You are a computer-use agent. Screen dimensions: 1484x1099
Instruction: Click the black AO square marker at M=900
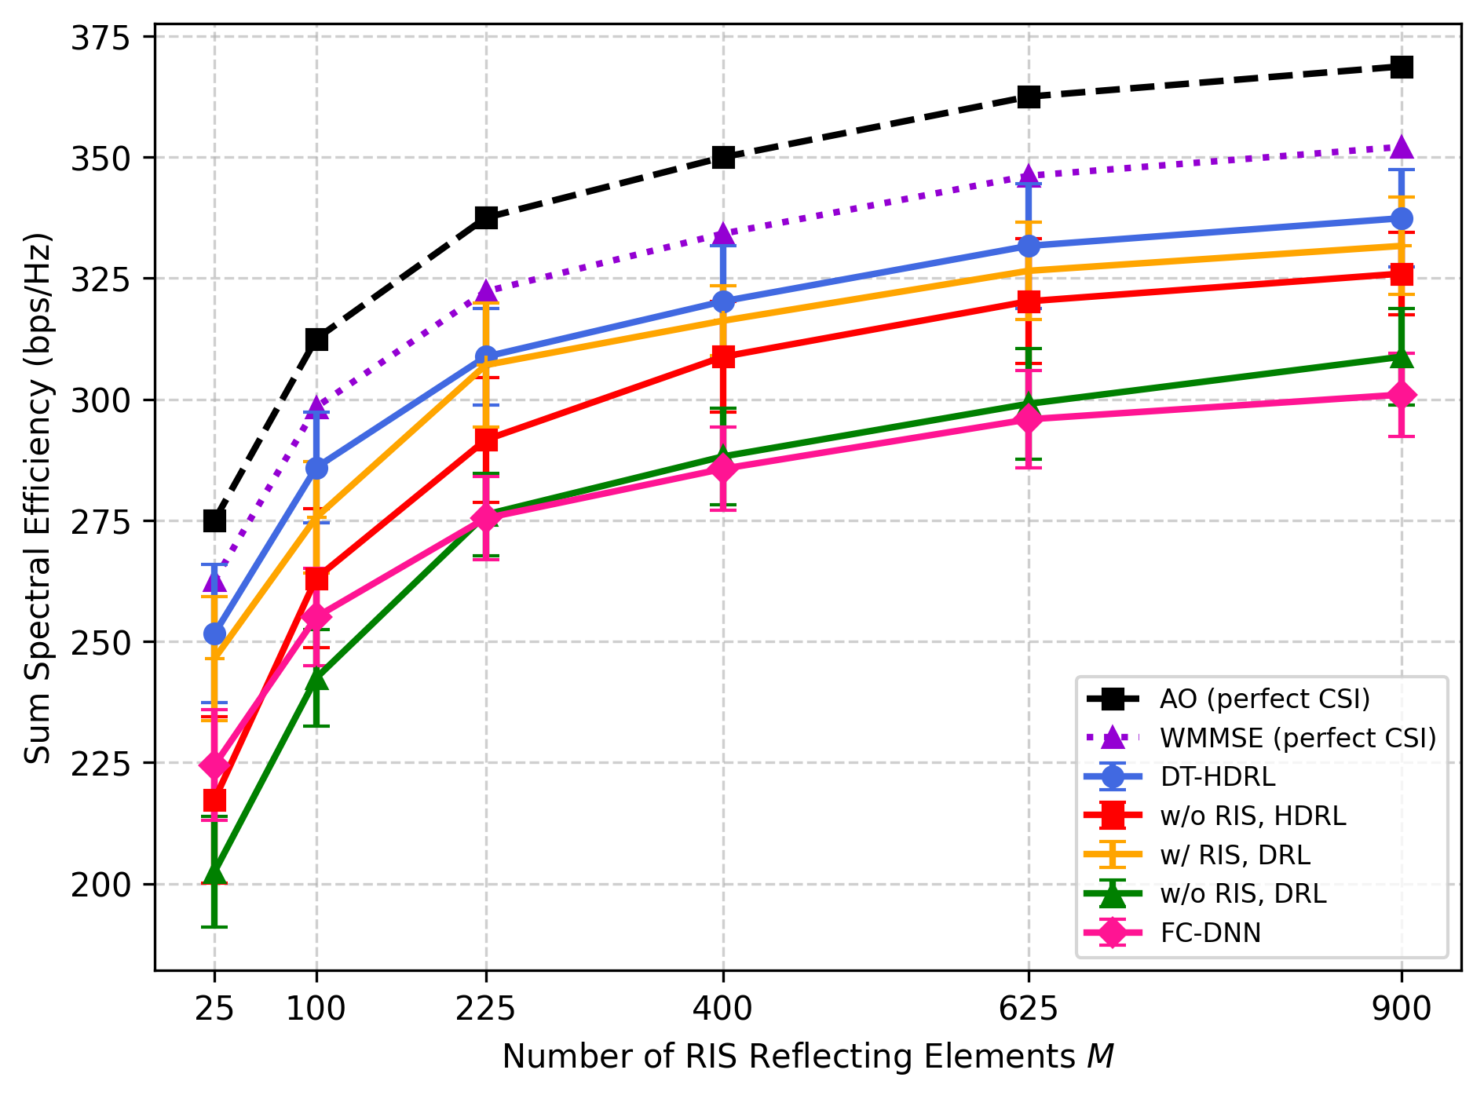coord(1402,67)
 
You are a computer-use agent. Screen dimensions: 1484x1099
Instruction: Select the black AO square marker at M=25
coord(214,520)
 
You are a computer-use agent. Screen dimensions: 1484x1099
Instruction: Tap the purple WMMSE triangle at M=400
coord(722,233)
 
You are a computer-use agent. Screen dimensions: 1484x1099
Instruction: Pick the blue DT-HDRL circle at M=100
coord(316,469)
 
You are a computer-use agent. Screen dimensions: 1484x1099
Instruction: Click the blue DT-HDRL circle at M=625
coord(1029,246)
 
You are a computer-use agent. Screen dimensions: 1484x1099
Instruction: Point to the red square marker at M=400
coord(722,357)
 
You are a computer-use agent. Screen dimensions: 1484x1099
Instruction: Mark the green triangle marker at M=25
coord(214,873)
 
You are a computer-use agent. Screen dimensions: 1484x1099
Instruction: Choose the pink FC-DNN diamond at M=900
coord(1402,395)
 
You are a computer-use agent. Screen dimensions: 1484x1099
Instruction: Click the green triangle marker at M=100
coord(316,679)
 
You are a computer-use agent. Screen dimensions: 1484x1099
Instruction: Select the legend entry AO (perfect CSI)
coord(1265,699)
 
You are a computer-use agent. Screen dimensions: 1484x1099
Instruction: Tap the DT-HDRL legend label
coord(1218,776)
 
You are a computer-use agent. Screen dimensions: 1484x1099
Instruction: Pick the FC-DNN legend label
coord(1211,933)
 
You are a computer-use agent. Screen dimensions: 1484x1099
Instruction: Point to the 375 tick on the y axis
coord(101,37)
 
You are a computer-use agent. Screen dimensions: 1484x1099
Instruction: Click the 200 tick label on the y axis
coord(101,884)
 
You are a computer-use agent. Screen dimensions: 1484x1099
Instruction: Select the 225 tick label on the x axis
coord(486,1008)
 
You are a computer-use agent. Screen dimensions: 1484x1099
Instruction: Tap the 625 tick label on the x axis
coord(1029,1008)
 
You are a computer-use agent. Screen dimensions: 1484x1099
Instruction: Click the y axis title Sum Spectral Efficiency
coord(37,498)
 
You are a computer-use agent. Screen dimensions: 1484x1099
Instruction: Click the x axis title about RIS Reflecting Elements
coord(808,1057)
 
